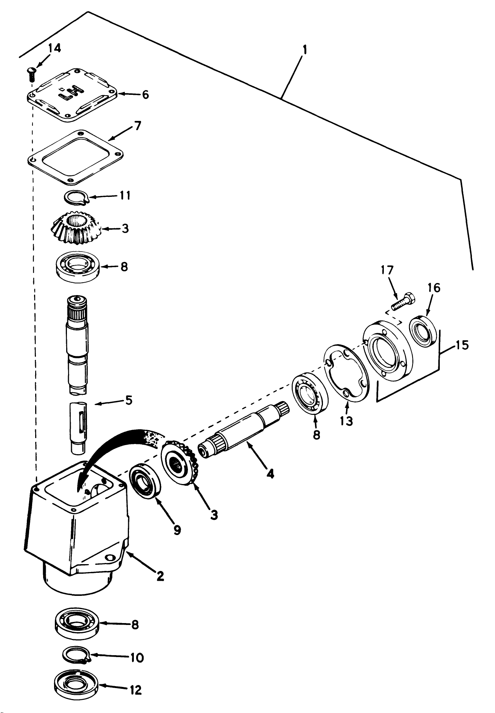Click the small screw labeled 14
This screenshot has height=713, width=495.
pyautogui.click(x=31, y=72)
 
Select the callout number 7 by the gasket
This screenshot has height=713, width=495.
pyautogui.click(x=138, y=126)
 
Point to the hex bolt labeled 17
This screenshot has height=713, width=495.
pyautogui.click(x=403, y=301)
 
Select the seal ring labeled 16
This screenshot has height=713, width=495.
pyautogui.click(x=424, y=327)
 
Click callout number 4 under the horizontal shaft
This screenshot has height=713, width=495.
pyautogui.click(x=270, y=473)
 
